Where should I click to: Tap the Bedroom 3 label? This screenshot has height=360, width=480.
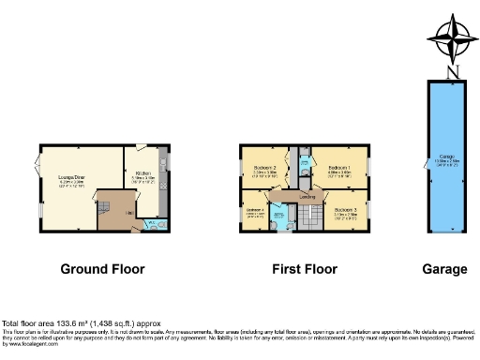click(346, 208)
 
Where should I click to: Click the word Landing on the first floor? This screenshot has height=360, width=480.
click(307, 196)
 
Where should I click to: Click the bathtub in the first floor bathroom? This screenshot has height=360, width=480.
click(279, 217)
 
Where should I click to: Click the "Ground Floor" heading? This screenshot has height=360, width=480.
click(103, 269)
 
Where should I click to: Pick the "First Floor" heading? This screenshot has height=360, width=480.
click(305, 269)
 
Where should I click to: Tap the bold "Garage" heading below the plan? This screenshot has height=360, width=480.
click(444, 269)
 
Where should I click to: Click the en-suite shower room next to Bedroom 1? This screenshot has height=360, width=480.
click(305, 169)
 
